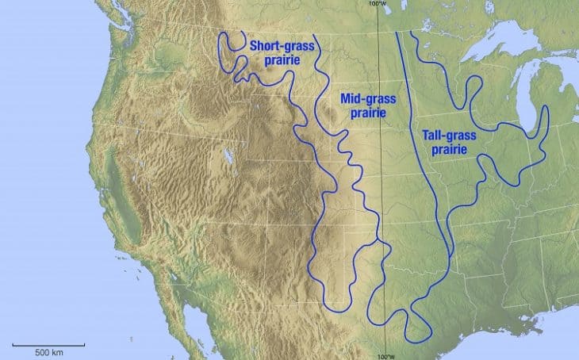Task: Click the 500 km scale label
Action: point(49,350)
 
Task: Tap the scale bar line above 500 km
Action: point(49,343)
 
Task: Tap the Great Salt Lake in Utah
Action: point(228,156)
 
